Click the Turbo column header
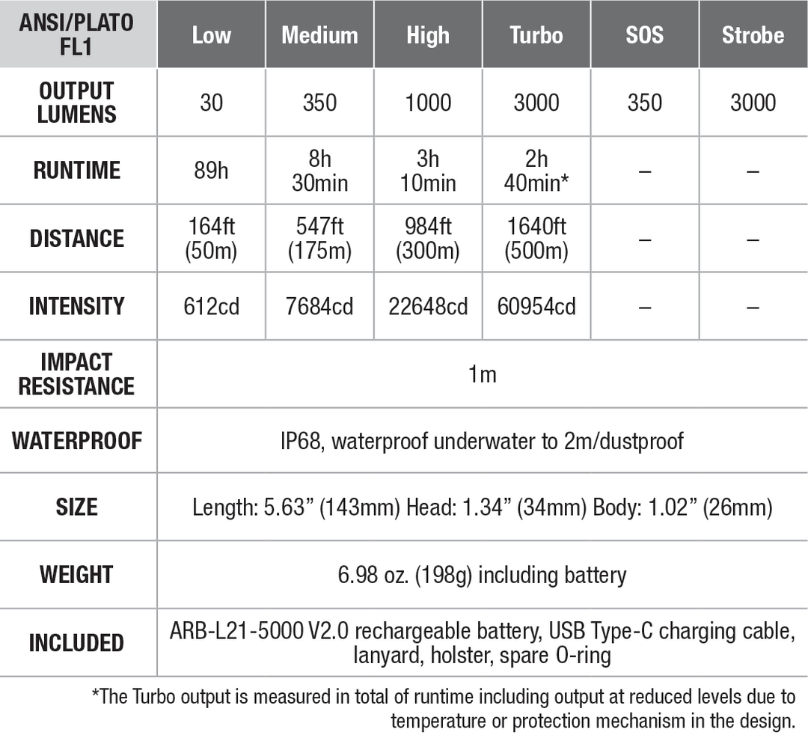536,35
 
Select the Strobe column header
753,35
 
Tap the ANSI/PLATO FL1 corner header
77,34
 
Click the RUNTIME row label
77,171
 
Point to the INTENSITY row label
77,307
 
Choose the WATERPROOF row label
77,441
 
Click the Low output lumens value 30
212,103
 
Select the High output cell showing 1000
428,103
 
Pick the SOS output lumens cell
645,103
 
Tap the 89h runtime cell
212,171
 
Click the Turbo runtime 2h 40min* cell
536,171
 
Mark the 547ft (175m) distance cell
319,239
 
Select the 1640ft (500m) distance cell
536,239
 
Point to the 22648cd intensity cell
428,307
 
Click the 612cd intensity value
212,307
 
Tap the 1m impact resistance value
483,374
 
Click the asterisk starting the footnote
95,695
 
